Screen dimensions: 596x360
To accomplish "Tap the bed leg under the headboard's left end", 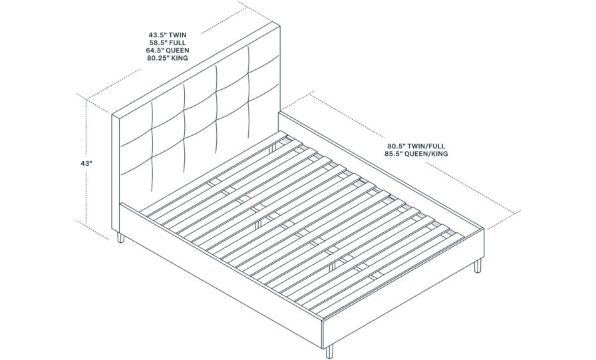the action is (x=120, y=238).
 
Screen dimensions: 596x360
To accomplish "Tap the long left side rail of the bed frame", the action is (x=220, y=266).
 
